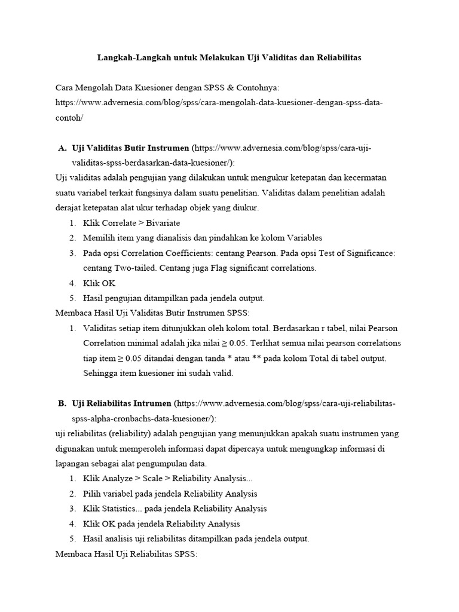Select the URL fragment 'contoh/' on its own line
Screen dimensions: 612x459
69,118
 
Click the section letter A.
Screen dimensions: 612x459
62,148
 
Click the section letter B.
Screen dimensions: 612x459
62,404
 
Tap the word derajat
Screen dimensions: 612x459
68,207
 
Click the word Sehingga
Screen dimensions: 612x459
101,373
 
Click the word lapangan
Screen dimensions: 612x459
74,463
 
